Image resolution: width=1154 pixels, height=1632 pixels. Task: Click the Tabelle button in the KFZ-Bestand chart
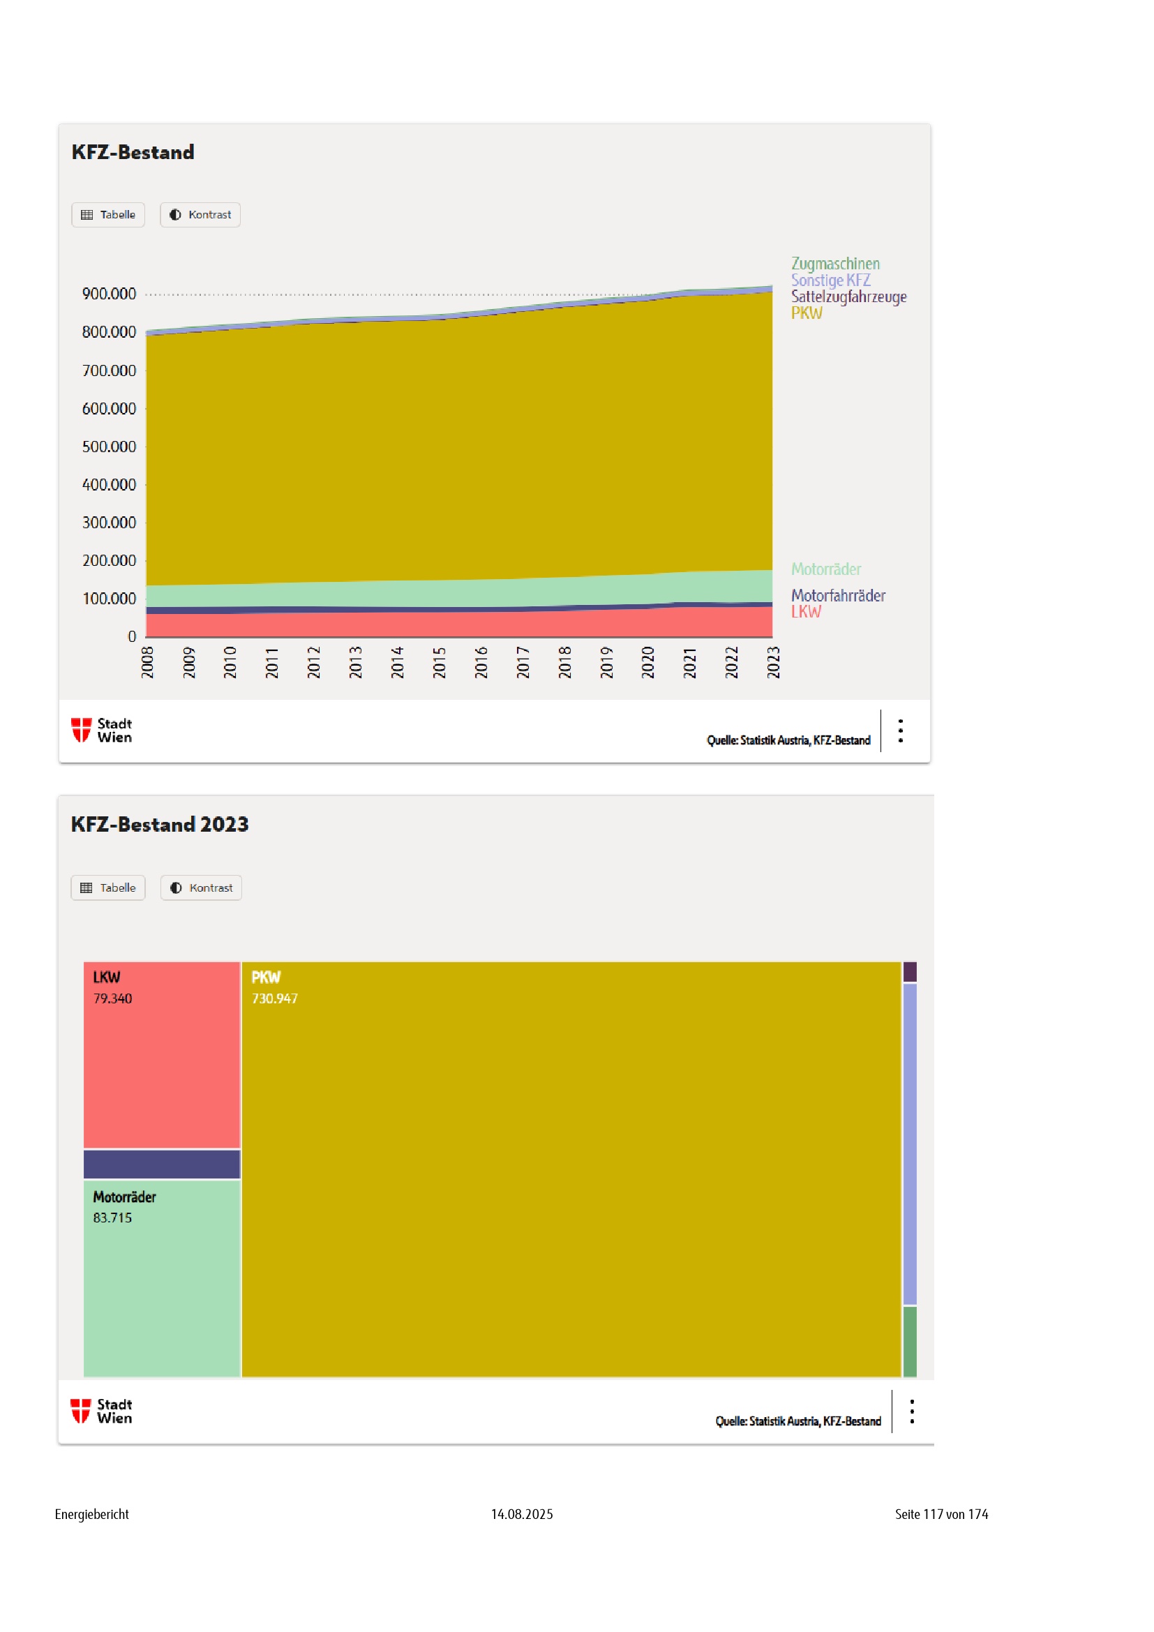(108, 215)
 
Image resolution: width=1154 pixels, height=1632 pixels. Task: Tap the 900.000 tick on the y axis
(109, 294)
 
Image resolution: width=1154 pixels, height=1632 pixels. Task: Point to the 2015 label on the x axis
(439, 661)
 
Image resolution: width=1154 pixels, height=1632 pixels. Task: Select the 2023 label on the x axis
(773, 661)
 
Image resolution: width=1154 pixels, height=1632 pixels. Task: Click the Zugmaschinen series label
(835, 264)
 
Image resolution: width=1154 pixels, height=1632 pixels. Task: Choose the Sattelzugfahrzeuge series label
(848, 297)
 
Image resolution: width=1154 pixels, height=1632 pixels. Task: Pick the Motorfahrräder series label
(838, 596)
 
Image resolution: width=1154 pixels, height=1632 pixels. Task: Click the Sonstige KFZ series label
(830, 280)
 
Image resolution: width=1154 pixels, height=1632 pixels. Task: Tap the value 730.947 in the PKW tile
(274, 998)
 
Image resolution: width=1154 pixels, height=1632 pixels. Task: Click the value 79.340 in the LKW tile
(112, 998)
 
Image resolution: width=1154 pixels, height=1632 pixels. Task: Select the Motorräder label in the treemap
(124, 1197)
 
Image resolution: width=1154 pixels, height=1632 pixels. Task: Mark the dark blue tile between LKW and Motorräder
(162, 1165)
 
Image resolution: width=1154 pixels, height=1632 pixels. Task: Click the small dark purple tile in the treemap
(910, 972)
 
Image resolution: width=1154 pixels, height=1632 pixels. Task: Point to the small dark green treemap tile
(910, 1341)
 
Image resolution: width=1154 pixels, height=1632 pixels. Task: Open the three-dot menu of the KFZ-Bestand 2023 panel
(912, 1412)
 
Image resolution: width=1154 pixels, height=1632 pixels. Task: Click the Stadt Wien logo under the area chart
(102, 730)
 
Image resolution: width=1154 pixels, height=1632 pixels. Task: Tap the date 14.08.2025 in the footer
(522, 1514)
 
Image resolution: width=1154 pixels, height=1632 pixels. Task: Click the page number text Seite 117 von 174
(941, 1514)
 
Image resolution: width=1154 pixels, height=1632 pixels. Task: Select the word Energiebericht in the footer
(91, 1514)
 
